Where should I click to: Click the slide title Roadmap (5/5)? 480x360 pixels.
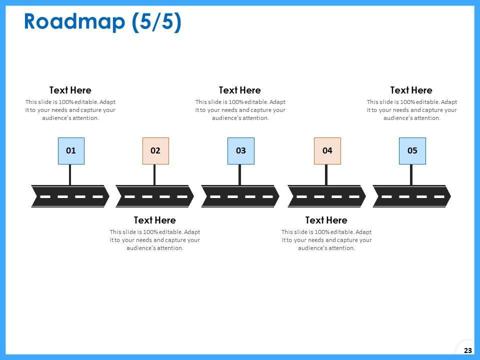[x=102, y=22]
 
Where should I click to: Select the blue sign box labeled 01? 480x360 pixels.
[x=71, y=150]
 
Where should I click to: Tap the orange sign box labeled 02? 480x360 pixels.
[x=155, y=150]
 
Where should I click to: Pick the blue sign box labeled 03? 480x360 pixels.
[x=240, y=150]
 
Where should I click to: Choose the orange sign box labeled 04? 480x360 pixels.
[x=327, y=150]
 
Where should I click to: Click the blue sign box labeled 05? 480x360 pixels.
[x=412, y=150]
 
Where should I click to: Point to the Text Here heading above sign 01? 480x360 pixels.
[x=70, y=90]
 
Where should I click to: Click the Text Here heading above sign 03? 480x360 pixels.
[x=240, y=90]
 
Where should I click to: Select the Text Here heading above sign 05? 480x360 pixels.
[x=411, y=90]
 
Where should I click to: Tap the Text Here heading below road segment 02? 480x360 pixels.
[x=155, y=220]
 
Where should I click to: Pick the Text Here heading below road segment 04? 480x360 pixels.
[x=326, y=220]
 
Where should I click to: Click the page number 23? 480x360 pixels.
[x=468, y=350]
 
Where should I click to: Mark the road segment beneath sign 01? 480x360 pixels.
[x=70, y=196]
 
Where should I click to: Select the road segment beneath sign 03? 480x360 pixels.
[x=240, y=196]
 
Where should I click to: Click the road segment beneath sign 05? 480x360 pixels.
[x=412, y=196]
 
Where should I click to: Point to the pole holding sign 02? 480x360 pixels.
[x=154, y=174]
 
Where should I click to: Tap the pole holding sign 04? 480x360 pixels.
[x=326, y=174]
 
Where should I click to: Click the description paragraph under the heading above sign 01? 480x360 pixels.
[x=70, y=110]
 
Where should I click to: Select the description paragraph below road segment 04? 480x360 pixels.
[x=326, y=240]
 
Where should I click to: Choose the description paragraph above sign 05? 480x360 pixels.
[x=412, y=110]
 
